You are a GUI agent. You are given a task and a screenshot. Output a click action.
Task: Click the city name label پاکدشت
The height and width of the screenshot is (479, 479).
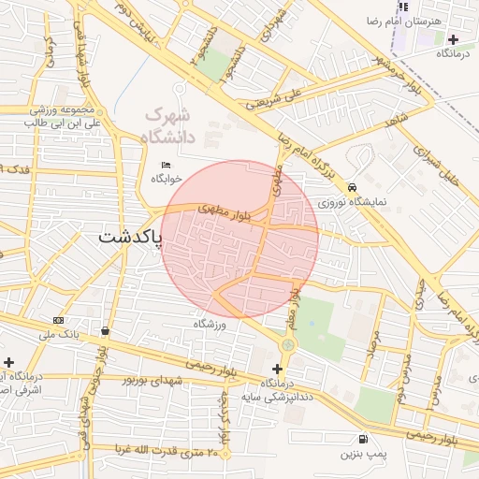[x=128, y=238]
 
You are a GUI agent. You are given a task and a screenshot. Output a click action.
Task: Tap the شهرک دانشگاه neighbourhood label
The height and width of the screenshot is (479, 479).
[x=171, y=126]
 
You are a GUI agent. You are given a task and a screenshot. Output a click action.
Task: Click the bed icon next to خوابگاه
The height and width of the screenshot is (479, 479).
[x=167, y=165]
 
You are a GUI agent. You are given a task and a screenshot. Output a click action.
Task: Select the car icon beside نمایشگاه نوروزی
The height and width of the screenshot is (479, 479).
[x=350, y=186]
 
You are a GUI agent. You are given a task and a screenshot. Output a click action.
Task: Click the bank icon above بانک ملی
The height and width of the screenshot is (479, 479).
[x=59, y=320]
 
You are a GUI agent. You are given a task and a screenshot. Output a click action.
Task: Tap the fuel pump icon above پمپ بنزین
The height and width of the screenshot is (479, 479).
[x=362, y=439]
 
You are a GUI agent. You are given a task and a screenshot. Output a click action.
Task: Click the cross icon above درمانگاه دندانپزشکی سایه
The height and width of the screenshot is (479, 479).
[x=277, y=369]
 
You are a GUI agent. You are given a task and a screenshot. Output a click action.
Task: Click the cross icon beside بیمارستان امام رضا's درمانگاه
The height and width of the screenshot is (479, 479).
[x=454, y=39]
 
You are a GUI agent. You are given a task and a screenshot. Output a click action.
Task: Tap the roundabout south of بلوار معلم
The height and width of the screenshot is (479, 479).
[x=287, y=345]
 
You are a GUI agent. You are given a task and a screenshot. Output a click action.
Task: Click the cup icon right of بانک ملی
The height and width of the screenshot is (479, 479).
[x=104, y=330]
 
